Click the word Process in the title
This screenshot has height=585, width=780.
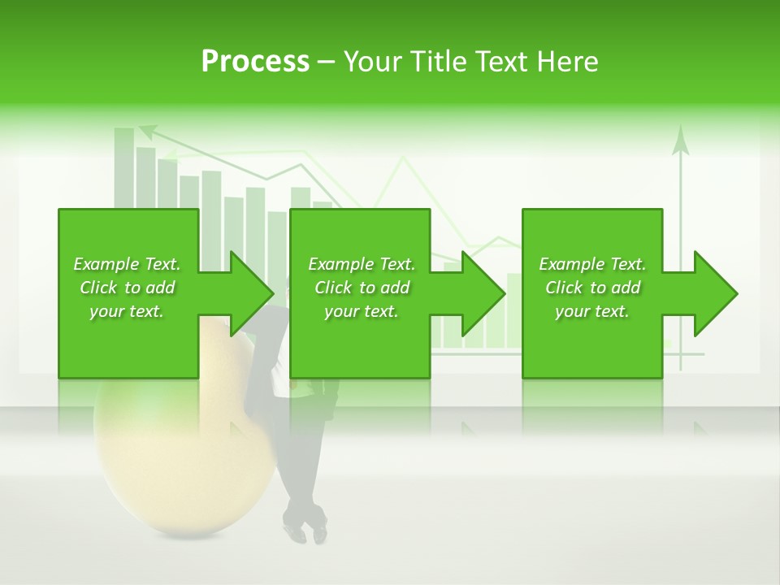click(255, 62)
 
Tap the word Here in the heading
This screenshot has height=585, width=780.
click(567, 62)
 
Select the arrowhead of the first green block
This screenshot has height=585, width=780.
click(252, 293)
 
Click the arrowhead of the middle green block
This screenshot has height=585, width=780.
click(483, 293)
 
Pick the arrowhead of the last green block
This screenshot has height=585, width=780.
click(716, 293)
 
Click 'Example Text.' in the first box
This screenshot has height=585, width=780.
click(128, 264)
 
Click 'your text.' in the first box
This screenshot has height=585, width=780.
click(128, 311)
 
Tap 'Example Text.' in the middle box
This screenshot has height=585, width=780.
click(362, 264)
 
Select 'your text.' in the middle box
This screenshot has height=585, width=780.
click(362, 311)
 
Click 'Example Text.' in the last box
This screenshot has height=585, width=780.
click(592, 264)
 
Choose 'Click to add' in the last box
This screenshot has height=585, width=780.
click(592, 288)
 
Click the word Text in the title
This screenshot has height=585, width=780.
click(505, 62)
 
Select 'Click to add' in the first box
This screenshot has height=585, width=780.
click(128, 288)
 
